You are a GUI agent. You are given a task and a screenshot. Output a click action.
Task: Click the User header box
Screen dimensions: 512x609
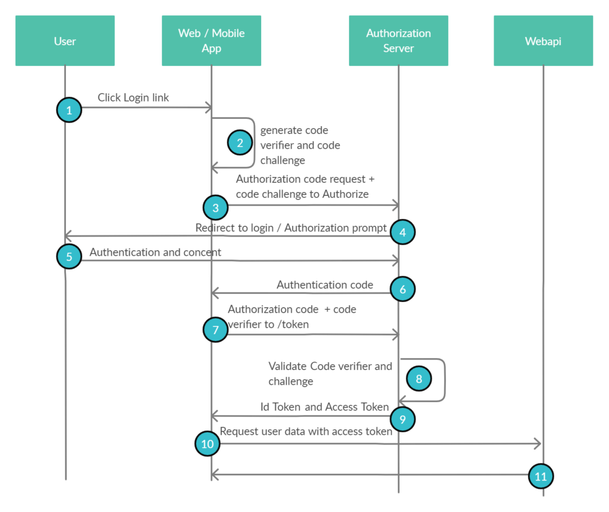coord(65,41)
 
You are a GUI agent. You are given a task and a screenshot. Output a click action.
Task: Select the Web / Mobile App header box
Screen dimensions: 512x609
coord(211,41)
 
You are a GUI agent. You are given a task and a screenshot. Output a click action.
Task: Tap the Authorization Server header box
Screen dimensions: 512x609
coord(398,41)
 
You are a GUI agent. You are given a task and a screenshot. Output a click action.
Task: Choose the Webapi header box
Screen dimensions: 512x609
coord(543,41)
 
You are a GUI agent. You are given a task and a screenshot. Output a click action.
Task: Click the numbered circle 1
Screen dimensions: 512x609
coord(69,110)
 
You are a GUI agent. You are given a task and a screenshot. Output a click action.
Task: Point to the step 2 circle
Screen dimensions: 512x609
coord(240,143)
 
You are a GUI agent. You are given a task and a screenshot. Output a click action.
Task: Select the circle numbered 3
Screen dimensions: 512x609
coord(215,208)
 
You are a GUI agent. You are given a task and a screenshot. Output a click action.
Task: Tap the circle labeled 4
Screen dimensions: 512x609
coord(403,233)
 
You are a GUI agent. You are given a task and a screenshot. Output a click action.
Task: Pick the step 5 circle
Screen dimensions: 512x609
coord(69,257)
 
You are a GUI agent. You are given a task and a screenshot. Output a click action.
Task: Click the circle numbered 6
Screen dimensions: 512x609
coord(403,289)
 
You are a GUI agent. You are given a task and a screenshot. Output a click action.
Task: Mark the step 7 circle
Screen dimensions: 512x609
coord(215,329)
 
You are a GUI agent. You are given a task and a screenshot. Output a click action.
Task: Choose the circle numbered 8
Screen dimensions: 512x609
coord(419,379)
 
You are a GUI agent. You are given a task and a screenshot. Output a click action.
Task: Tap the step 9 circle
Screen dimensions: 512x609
coord(403,419)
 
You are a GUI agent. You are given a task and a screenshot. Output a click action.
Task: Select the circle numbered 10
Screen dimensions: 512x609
coord(207,444)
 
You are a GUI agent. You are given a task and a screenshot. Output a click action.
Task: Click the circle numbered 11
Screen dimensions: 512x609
coord(541,476)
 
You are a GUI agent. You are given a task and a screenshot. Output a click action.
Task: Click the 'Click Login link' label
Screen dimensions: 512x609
coord(133,98)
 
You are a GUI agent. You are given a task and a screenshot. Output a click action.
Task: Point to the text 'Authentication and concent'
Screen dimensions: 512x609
coord(155,252)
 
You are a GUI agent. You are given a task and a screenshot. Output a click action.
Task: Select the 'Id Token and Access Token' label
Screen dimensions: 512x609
coord(325,407)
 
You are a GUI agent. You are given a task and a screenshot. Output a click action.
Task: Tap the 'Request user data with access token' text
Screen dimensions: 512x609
coord(306,431)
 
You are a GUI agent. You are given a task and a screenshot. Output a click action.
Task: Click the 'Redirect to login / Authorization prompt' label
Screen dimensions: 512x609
coord(291,228)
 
